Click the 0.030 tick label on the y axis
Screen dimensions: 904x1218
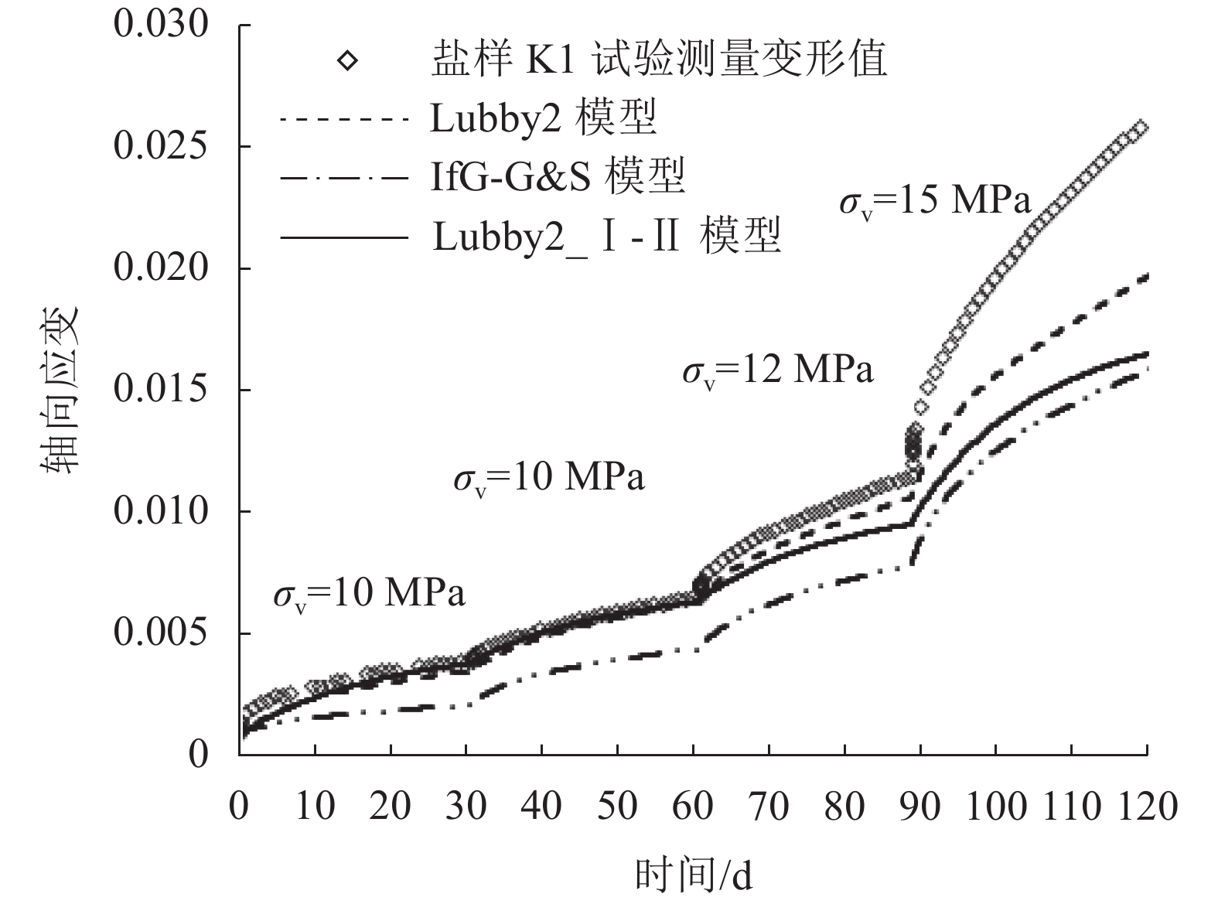click(151, 25)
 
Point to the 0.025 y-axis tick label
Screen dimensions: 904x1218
click(151, 146)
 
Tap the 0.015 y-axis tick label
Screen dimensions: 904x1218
click(151, 390)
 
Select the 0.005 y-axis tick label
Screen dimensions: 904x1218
click(151, 633)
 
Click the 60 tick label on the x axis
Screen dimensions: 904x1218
click(693, 806)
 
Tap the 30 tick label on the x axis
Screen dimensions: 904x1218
click(466, 806)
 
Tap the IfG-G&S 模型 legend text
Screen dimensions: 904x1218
click(557, 177)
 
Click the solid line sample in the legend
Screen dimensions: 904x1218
click(343, 237)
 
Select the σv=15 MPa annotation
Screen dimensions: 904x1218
click(935, 202)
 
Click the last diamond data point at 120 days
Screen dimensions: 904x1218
click(1139, 128)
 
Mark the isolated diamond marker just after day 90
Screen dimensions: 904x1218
click(920, 408)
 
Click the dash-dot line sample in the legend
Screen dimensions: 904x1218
click(343, 178)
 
